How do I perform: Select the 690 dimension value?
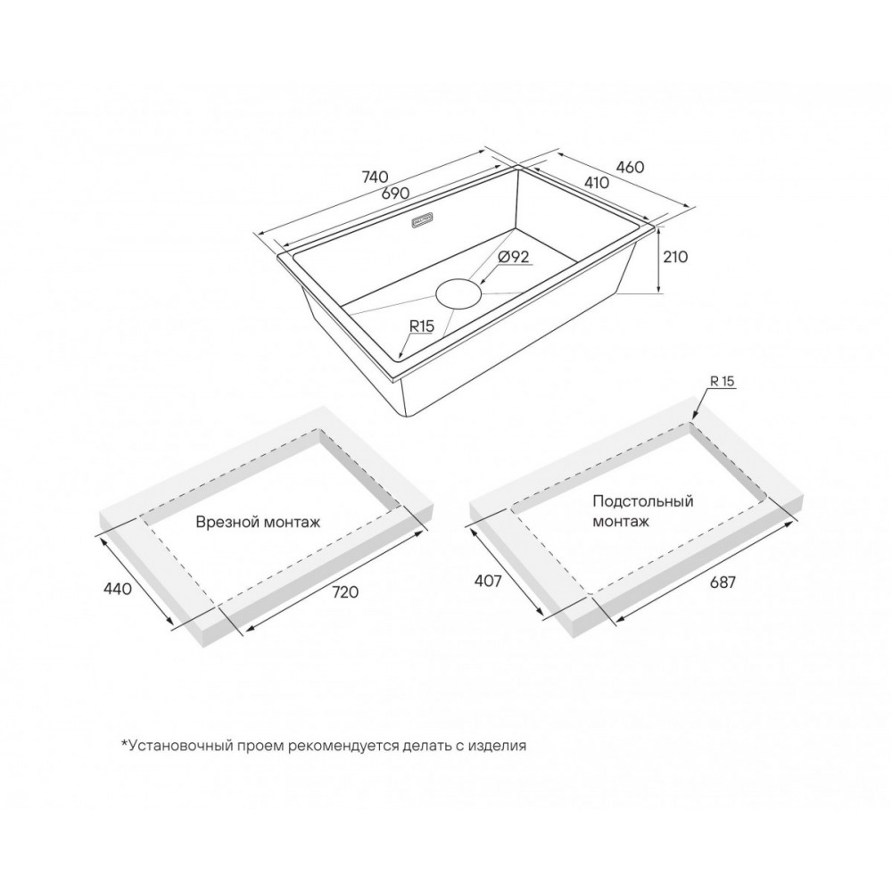[x=395, y=193]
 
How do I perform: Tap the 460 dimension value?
[x=631, y=168]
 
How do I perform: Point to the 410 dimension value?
[x=596, y=182]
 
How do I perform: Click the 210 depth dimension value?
[x=675, y=257]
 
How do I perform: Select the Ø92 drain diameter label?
[x=514, y=257]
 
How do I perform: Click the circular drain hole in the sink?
[x=459, y=293]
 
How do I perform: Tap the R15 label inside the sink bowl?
[x=422, y=326]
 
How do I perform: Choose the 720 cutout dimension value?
[x=345, y=591]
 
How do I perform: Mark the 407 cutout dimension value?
[x=488, y=581]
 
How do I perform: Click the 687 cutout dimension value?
[x=723, y=582]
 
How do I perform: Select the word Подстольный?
[x=643, y=501]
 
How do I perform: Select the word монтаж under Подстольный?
[x=621, y=521]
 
